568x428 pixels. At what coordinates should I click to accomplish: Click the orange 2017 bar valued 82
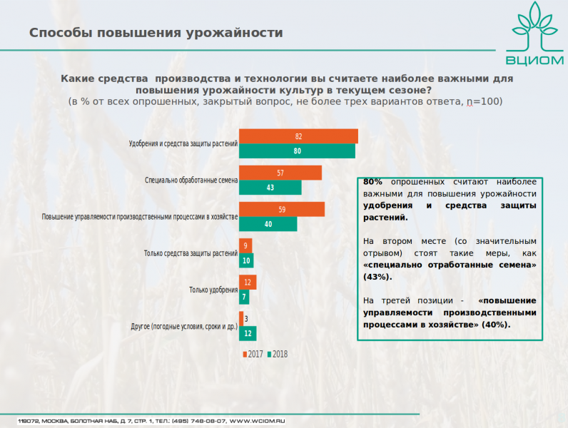coord(298,136)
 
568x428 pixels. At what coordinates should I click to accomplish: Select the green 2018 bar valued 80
coord(297,151)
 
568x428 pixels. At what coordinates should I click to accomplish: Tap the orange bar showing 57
coord(280,173)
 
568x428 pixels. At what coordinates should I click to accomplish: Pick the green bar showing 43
coord(270,188)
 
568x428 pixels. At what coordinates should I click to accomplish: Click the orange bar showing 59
coord(281,209)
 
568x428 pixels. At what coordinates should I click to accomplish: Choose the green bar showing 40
coord(268,224)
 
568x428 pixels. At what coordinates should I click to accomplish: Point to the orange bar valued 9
coord(245,245)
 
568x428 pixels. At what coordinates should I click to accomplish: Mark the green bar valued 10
coord(246,260)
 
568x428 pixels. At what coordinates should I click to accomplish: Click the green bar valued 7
coord(244,297)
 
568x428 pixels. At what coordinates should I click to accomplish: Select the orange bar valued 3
coord(240,319)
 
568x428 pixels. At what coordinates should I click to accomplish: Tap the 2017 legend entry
coord(253,355)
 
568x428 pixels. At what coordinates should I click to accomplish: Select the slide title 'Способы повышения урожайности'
coord(156,33)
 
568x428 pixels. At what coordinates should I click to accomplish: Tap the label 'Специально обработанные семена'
coord(191,180)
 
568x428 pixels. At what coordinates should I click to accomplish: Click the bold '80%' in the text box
coord(372,182)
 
